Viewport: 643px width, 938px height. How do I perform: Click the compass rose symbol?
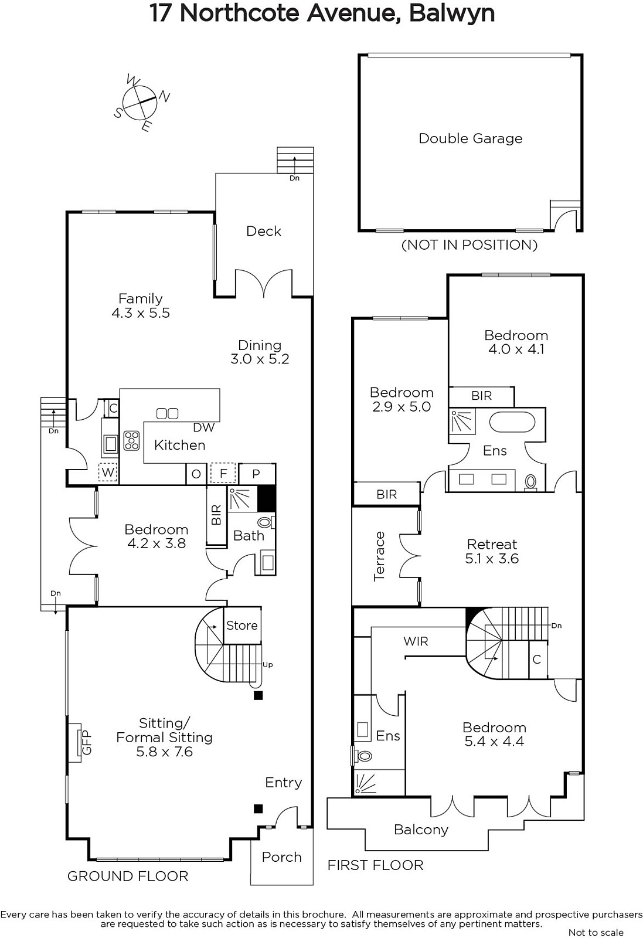140,102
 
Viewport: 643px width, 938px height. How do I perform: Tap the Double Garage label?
471,138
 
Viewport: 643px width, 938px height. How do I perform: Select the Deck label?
264,231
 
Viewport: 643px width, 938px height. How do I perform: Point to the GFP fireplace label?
86,743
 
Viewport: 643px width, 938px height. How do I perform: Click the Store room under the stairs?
242,625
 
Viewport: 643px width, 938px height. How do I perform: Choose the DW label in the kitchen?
204,427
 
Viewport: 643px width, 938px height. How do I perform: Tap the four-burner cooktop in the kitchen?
131,441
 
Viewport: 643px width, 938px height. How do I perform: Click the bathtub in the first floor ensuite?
512,423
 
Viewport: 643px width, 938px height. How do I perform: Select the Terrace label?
379,556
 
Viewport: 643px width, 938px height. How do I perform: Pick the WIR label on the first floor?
416,641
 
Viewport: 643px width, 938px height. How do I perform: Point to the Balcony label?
421,829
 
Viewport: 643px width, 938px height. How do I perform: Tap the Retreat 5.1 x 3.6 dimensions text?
492,558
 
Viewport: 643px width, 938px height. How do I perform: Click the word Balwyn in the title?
452,13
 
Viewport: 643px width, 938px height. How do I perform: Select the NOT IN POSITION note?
470,244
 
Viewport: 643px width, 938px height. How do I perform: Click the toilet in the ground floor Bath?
265,522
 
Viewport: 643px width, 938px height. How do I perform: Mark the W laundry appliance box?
108,473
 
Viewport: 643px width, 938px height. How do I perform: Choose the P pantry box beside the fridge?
256,474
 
